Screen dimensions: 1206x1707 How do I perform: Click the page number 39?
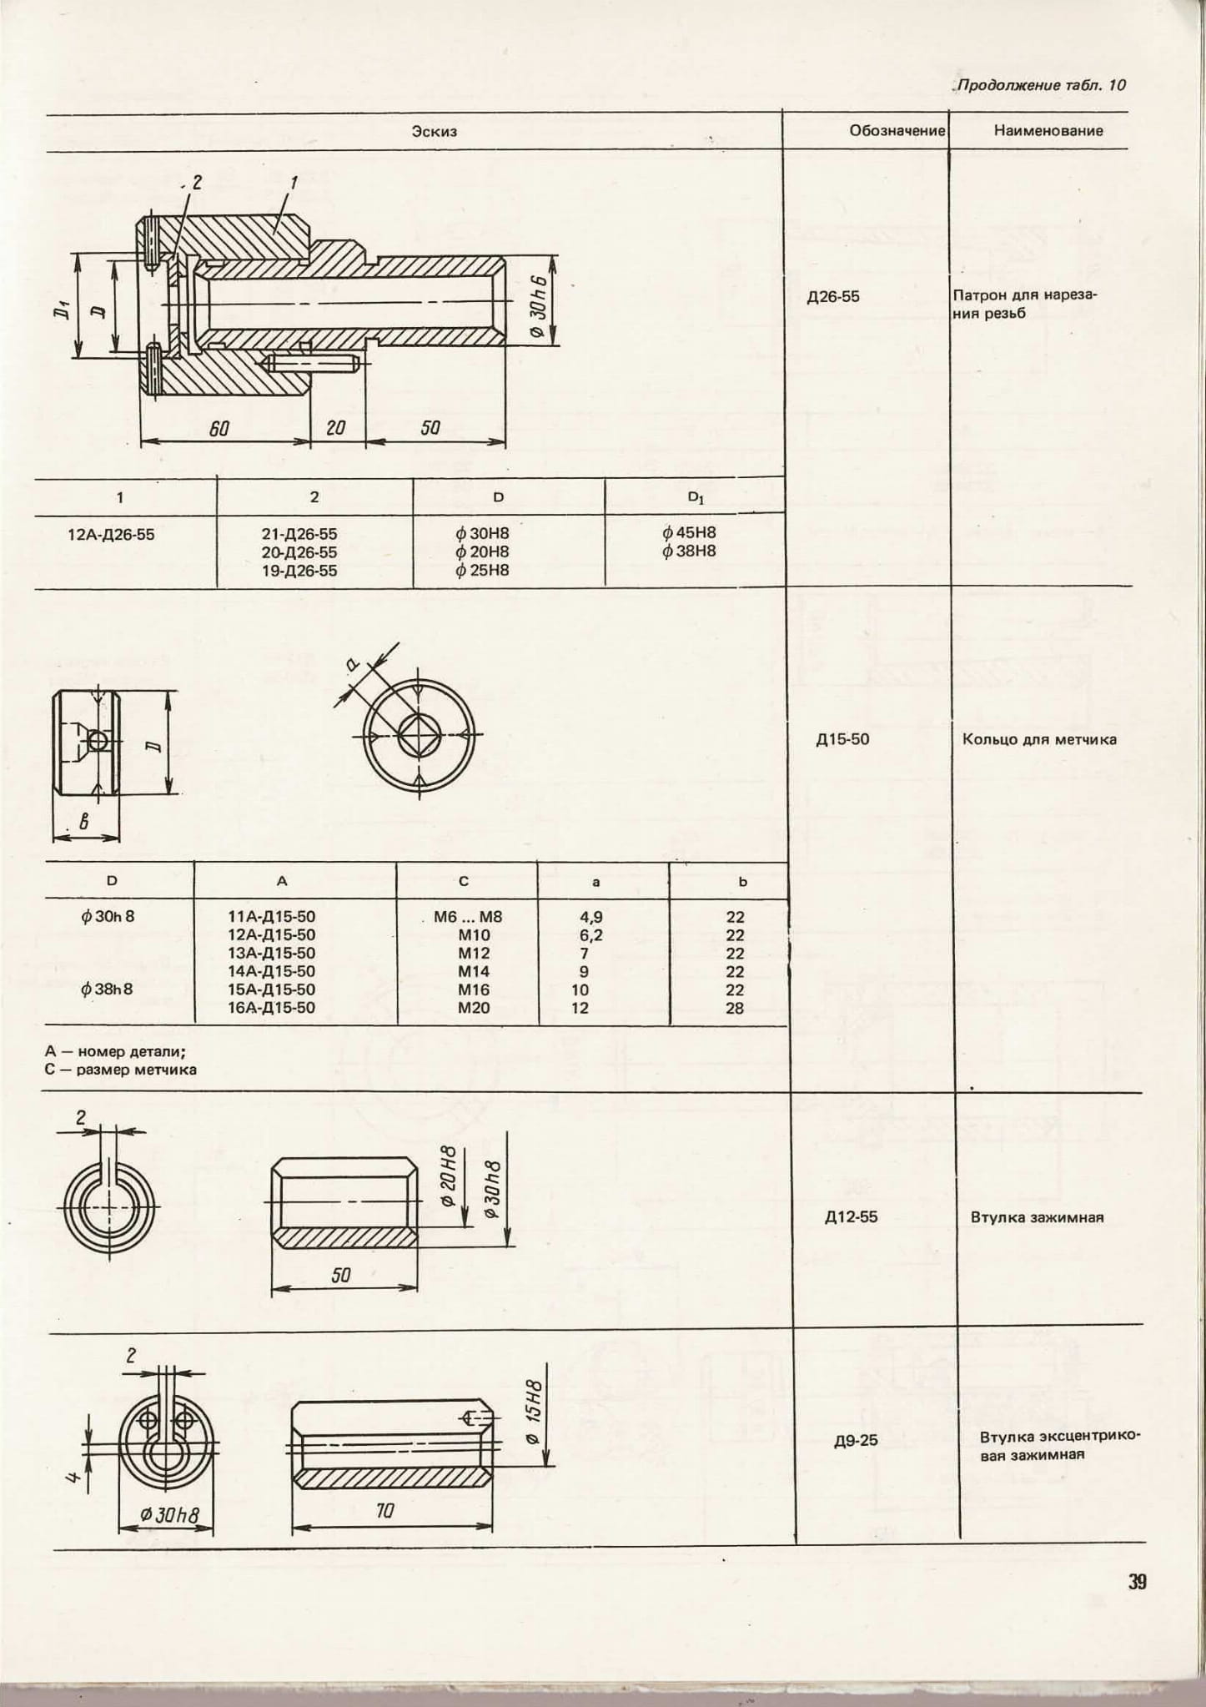(1138, 1582)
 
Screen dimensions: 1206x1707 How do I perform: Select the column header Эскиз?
(434, 131)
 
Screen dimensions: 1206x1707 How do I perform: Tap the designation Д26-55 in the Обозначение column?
(833, 296)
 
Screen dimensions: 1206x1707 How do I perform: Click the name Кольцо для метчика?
(1039, 739)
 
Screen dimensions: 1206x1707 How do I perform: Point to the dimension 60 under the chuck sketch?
(219, 428)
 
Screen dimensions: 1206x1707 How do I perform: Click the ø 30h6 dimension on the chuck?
(536, 306)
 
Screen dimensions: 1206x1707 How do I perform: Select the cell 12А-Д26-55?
(111, 534)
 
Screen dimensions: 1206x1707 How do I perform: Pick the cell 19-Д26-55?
(299, 571)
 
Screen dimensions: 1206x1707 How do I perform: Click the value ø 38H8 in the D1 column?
(689, 551)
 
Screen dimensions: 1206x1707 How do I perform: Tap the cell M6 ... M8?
(468, 917)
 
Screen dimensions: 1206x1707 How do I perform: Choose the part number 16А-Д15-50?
(272, 1008)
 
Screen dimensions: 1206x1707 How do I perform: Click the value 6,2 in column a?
(591, 935)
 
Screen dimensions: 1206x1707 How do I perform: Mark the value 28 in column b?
(735, 1008)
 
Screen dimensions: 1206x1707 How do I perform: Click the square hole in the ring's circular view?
(417, 735)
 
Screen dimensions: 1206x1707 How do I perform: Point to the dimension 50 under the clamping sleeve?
(341, 1275)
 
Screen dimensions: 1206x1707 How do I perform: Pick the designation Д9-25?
(856, 1440)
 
